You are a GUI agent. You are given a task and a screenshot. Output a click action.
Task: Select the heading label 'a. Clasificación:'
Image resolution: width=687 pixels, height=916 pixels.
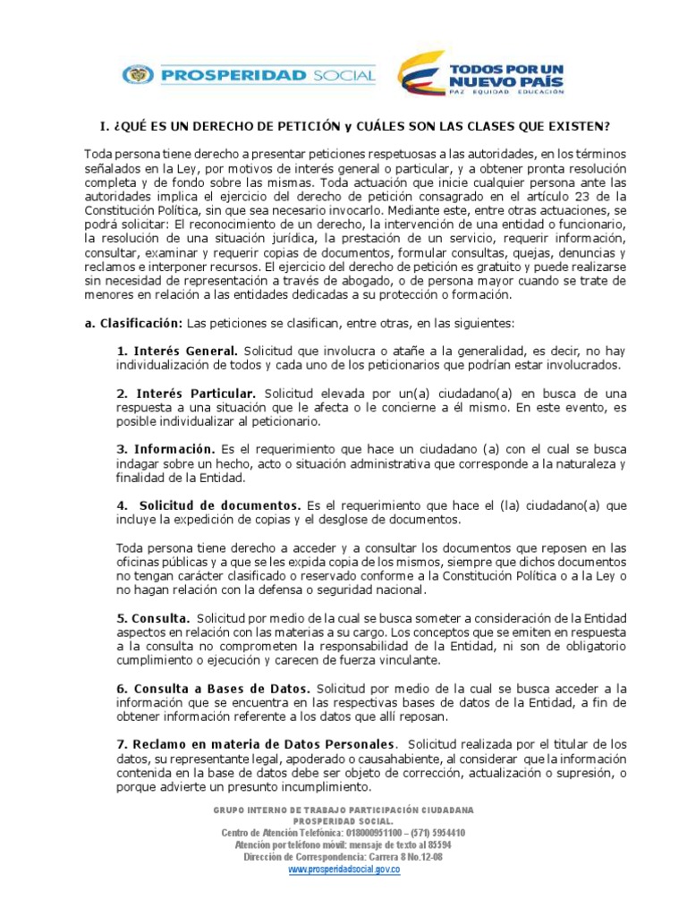[133, 323]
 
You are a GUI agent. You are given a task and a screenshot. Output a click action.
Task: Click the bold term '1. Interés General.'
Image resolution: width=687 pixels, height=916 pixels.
[177, 351]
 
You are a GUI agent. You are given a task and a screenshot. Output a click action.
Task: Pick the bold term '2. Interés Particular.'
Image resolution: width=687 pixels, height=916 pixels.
[186, 393]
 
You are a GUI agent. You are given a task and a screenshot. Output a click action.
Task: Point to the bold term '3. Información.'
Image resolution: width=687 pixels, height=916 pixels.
[165, 448]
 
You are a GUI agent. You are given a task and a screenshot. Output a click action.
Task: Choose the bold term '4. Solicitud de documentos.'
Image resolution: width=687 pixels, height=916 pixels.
[208, 505]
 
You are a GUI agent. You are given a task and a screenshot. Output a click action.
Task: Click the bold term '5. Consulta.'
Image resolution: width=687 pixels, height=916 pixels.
[153, 617]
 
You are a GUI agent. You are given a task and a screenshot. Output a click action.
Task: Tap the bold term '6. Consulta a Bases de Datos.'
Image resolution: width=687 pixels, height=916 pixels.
[214, 688]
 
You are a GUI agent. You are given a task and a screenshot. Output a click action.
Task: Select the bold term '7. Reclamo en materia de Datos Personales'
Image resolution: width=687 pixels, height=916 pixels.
[255, 743]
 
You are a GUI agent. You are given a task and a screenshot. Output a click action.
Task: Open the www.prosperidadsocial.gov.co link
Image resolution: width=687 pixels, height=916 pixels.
[343, 869]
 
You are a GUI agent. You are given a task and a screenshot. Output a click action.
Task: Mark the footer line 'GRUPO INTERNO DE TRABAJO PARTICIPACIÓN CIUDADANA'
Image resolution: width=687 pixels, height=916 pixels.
[343, 810]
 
